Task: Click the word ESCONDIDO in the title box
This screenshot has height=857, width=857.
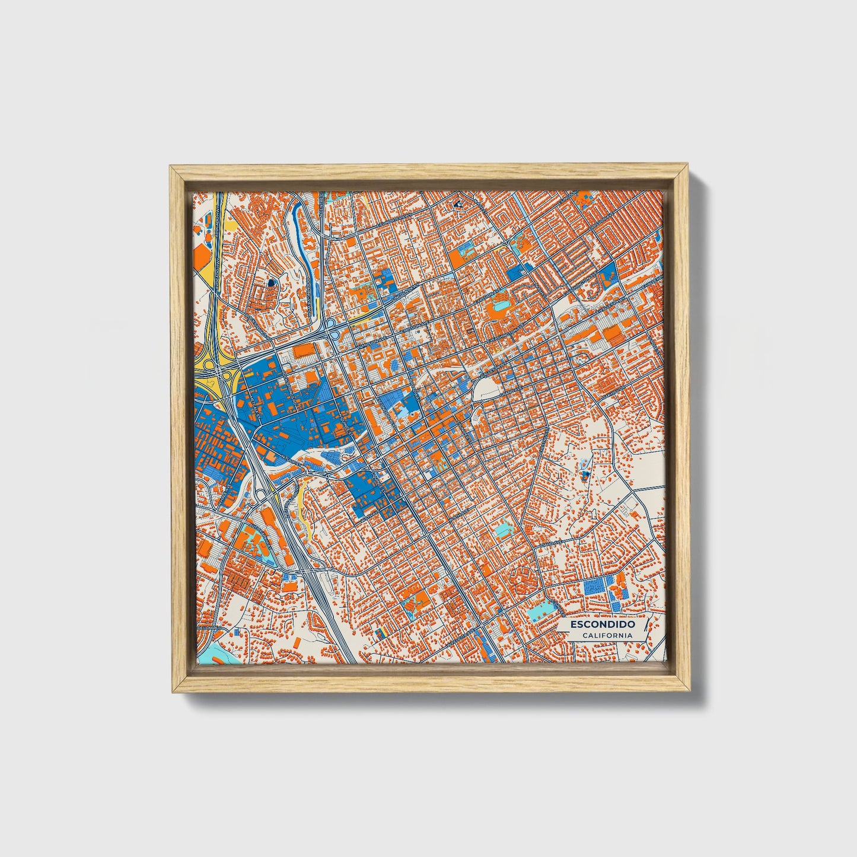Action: tap(603, 625)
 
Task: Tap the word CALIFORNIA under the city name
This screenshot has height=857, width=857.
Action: tap(607, 636)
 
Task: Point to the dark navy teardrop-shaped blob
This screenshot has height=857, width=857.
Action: tap(270, 283)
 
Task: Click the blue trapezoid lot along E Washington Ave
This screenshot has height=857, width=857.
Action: tap(608, 273)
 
